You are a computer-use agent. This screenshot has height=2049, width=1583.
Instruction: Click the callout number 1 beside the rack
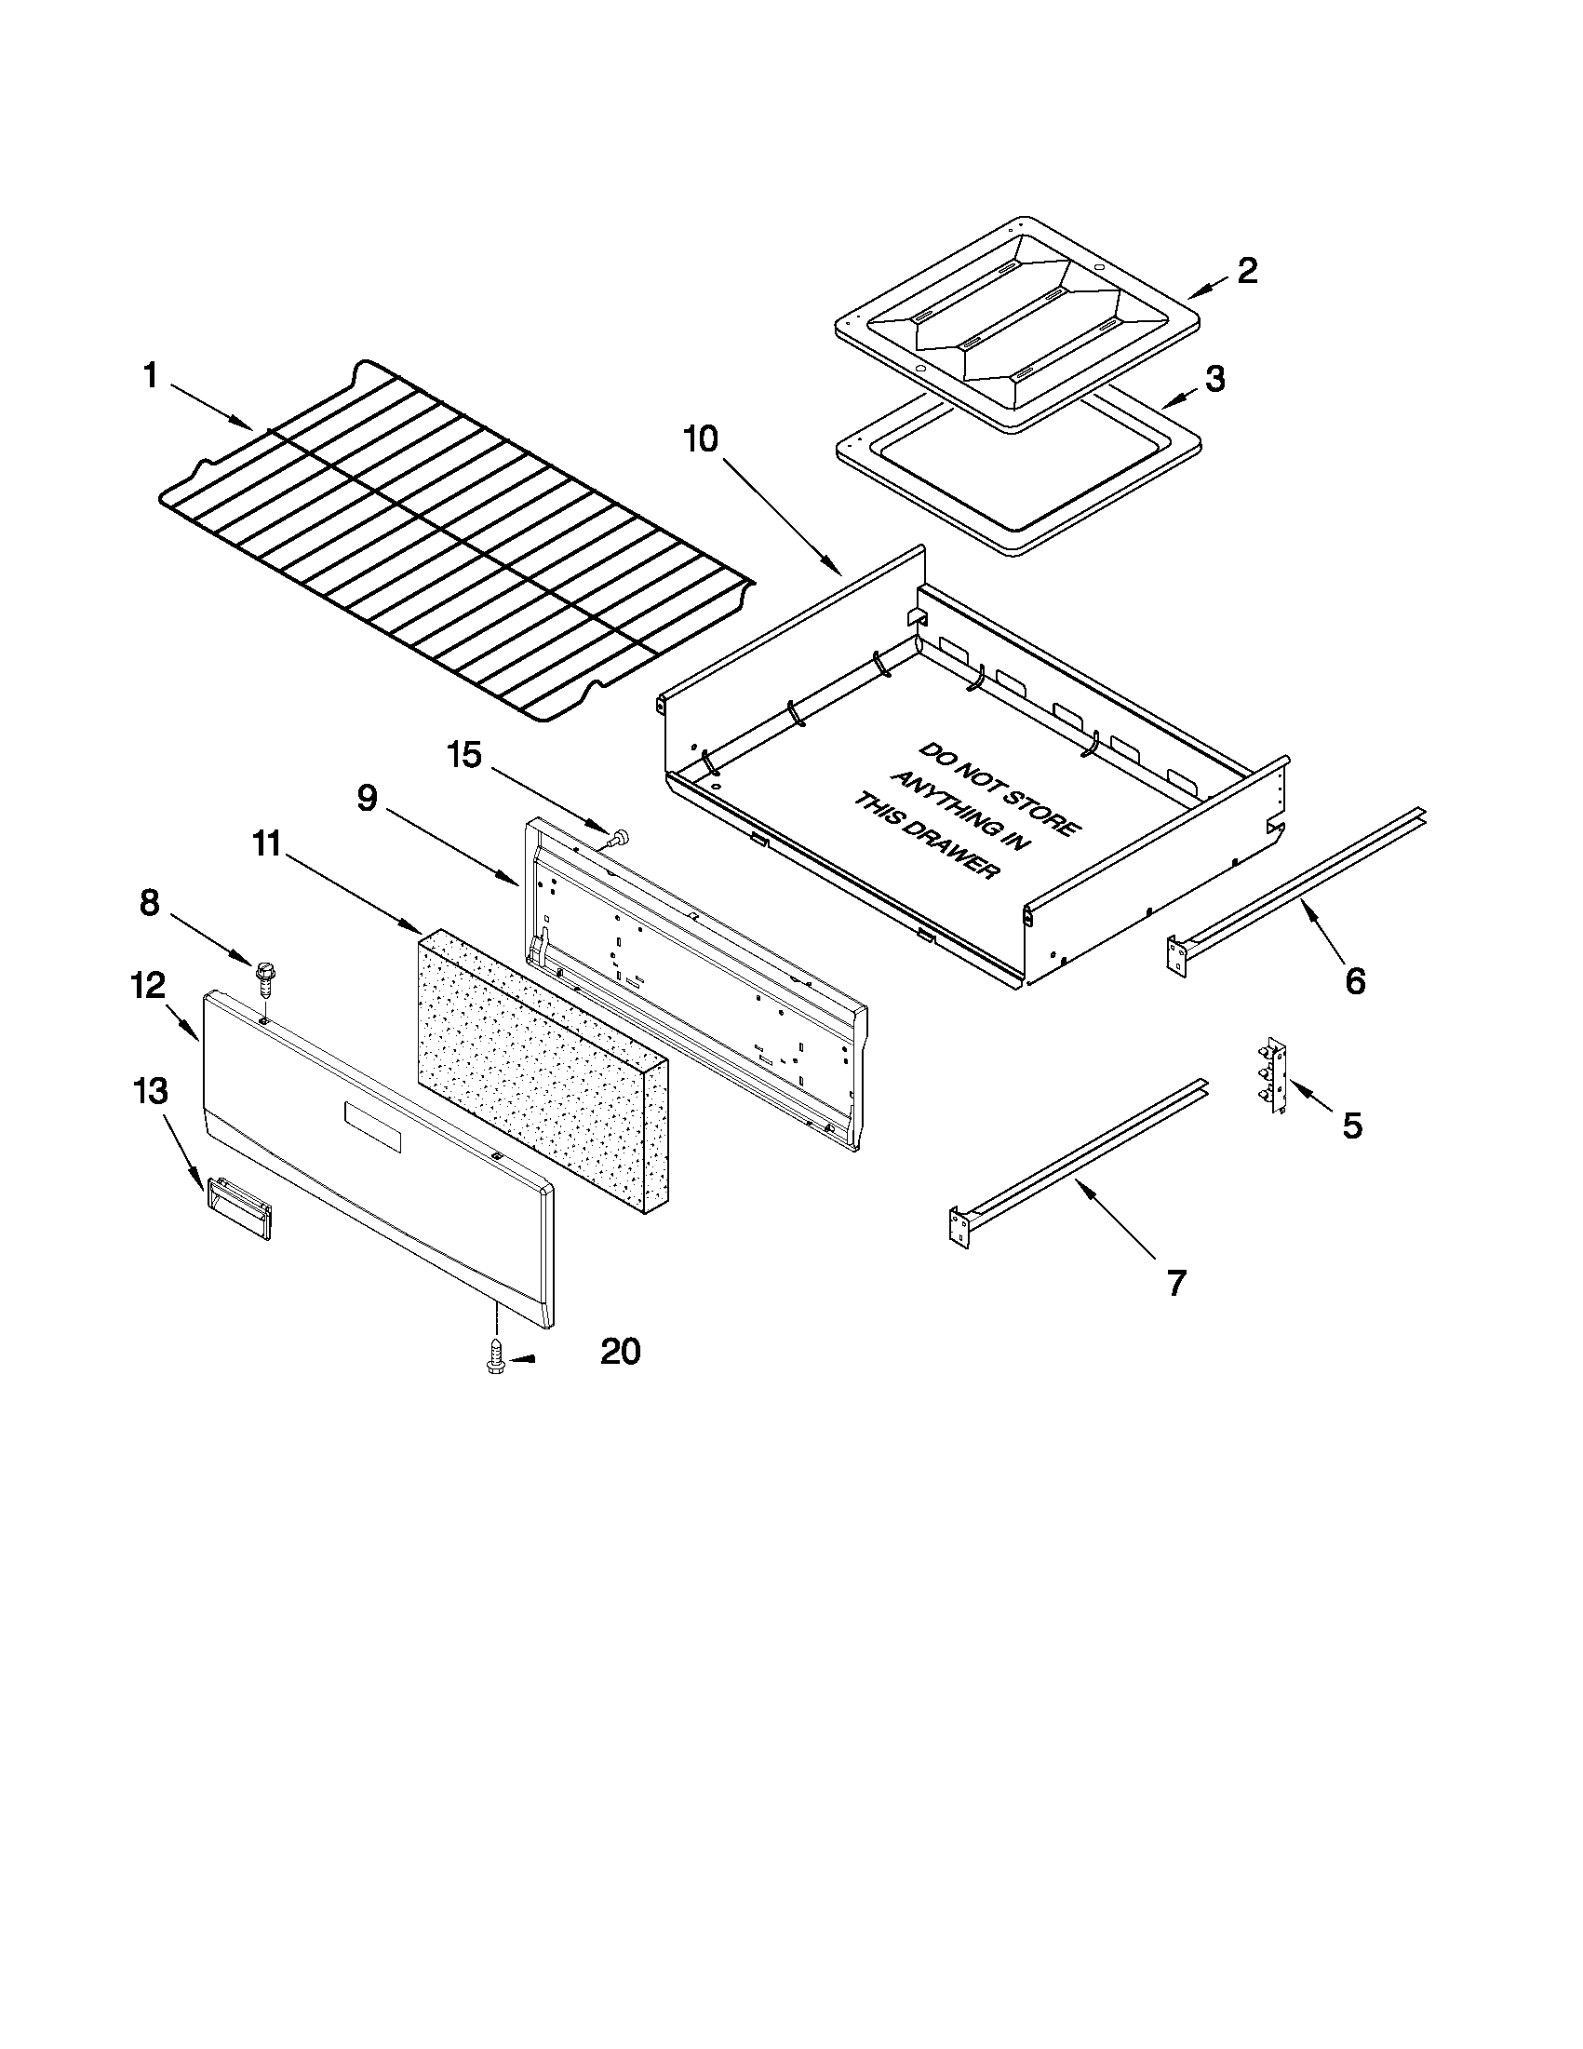coord(150,376)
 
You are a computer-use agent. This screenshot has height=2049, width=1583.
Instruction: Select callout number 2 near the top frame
coord(1246,270)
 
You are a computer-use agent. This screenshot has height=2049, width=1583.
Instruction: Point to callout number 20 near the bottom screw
coord(620,1352)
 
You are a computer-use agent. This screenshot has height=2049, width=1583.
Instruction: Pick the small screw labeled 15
coord(618,839)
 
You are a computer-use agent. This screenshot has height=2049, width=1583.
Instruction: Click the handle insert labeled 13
coord(238,1209)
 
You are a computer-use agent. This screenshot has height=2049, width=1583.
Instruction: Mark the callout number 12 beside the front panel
coord(147,985)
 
